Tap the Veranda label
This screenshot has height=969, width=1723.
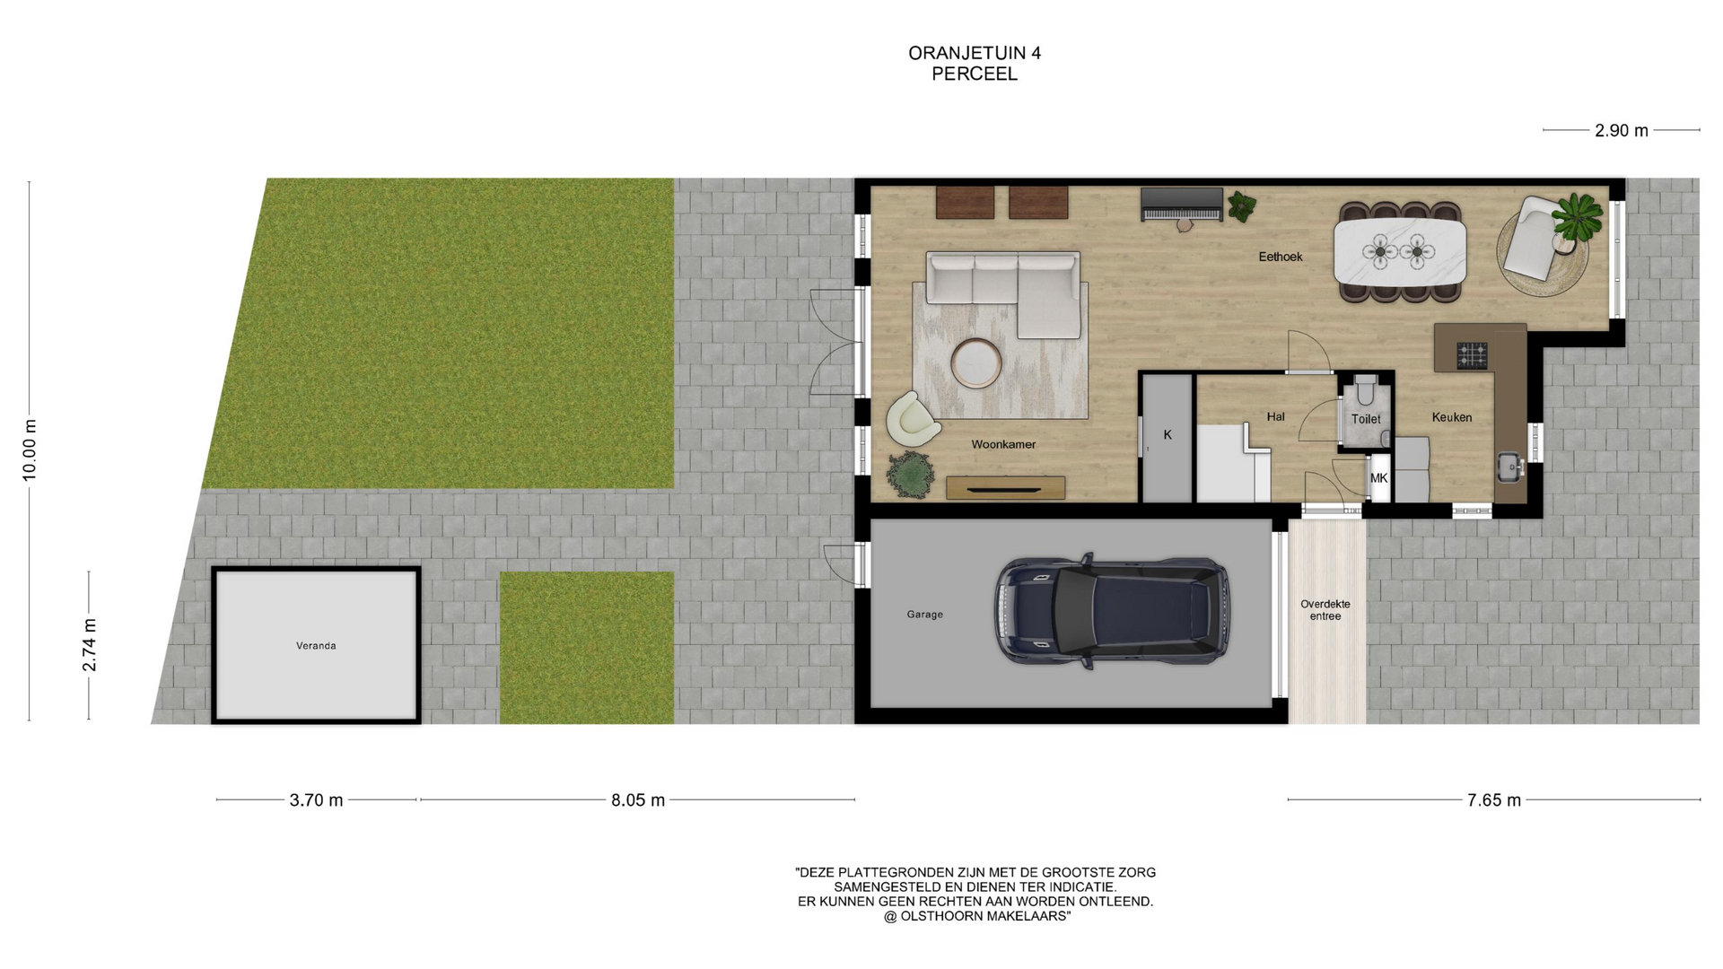click(316, 646)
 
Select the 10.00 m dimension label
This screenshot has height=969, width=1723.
click(30, 450)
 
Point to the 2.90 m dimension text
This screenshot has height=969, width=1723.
click(1622, 131)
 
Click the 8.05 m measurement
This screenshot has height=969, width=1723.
click(638, 800)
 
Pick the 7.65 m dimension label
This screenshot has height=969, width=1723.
click(1494, 800)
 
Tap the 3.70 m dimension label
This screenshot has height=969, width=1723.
click(316, 800)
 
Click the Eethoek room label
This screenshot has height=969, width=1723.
click(1281, 257)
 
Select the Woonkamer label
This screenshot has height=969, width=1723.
click(1003, 444)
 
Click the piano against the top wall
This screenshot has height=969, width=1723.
click(1182, 205)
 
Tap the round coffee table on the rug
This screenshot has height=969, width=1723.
click(976, 363)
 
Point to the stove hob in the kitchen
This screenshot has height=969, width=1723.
click(1472, 355)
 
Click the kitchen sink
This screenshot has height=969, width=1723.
click(1509, 466)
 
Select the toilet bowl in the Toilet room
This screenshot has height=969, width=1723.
click(1365, 389)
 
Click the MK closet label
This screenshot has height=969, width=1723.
click(1379, 478)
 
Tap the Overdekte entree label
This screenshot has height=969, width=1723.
click(1325, 610)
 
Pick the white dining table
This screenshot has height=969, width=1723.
click(1400, 252)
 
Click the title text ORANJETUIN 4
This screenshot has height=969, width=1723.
click(975, 53)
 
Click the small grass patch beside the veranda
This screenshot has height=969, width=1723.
click(587, 648)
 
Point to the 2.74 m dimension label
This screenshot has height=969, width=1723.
click(90, 645)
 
